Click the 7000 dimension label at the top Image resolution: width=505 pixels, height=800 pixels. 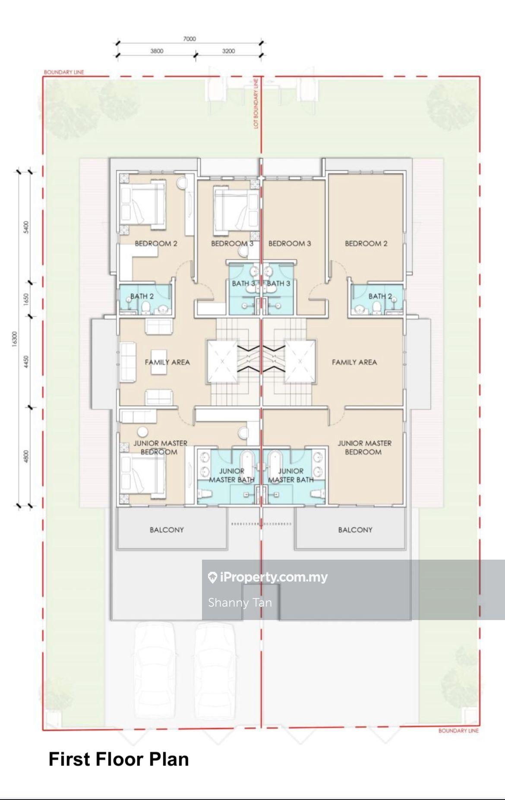tap(189, 39)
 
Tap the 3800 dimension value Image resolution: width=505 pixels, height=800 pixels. tap(157, 51)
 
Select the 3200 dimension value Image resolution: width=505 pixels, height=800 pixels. tap(228, 51)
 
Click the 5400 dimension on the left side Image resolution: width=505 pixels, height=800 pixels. tap(26, 227)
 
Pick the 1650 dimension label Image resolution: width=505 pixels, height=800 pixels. tap(26, 299)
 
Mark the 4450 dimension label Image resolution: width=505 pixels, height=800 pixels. tap(26, 362)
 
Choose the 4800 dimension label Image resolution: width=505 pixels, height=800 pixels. tap(26, 457)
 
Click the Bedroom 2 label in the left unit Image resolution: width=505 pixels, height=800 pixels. tap(156, 243)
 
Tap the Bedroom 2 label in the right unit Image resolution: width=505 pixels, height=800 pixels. tap(366, 243)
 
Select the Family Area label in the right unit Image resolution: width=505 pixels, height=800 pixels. tap(354, 362)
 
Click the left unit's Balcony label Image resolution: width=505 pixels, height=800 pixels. tap(167, 529)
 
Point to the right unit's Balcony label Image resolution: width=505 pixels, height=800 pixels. tap(355, 529)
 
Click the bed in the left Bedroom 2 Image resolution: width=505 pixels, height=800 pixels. tap(143, 203)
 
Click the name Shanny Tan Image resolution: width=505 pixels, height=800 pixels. tap(240, 602)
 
